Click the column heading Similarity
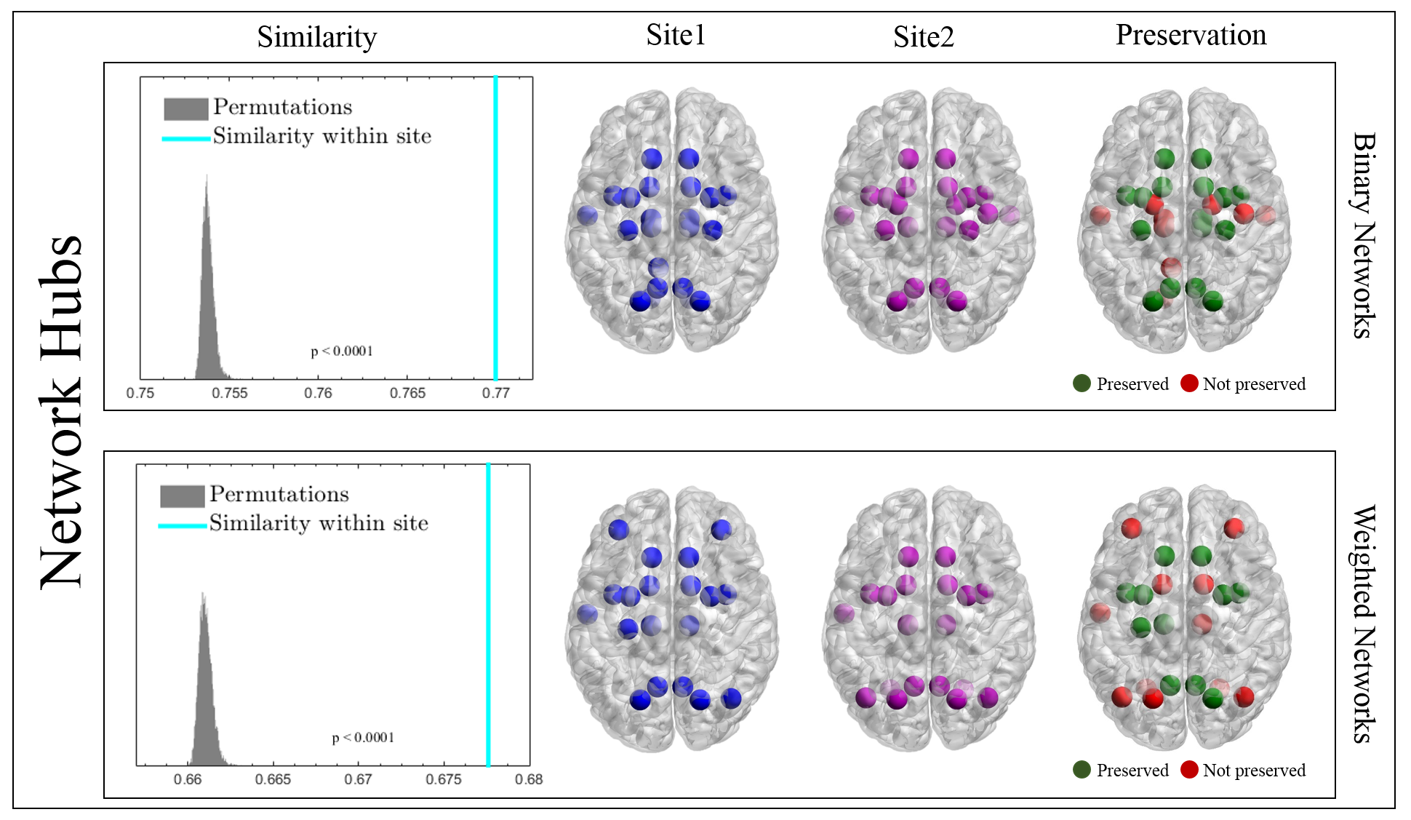click(316, 37)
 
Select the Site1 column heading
click(676, 35)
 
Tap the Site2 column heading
click(923, 37)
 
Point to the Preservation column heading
click(1191, 35)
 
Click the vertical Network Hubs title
click(61, 412)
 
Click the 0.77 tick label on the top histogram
click(496, 393)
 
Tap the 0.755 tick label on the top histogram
click(230, 393)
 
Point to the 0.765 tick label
click(407, 393)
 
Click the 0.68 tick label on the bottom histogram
click(529, 779)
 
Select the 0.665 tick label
click(273, 779)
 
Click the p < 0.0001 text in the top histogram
click(342, 351)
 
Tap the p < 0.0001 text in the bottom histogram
click(363, 738)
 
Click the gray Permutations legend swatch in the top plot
click(185, 108)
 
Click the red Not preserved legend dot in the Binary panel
click(1189, 383)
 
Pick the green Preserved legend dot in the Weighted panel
click(1082, 770)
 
